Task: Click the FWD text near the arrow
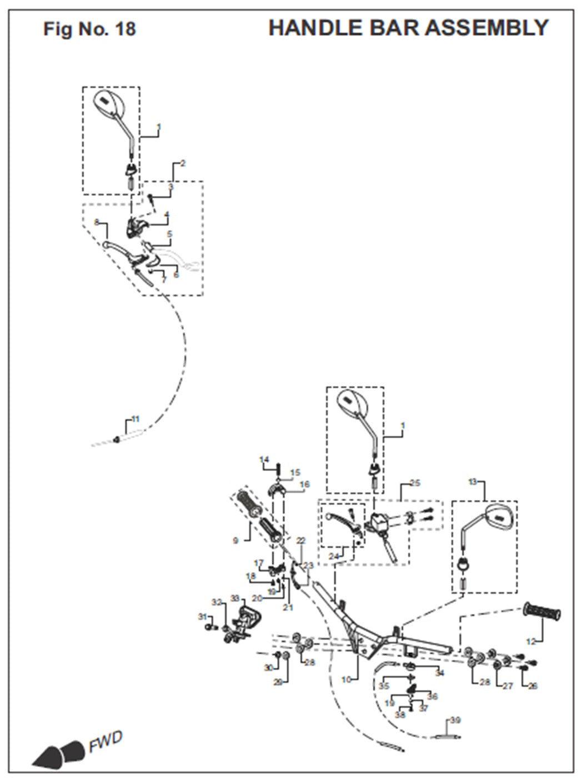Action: click(105, 742)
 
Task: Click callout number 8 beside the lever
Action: click(97, 222)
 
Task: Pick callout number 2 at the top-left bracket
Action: click(183, 163)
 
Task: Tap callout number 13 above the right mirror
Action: click(473, 482)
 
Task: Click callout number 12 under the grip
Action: click(530, 642)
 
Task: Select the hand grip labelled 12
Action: click(542, 613)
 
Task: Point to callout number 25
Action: click(415, 483)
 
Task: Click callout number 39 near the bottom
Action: click(455, 721)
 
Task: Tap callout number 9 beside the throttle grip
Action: click(236, 539)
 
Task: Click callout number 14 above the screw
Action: click(264, 459)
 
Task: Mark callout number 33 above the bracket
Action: click(235, 598)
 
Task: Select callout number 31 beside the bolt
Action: click(202, 617)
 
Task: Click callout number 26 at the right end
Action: click(533, 686)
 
